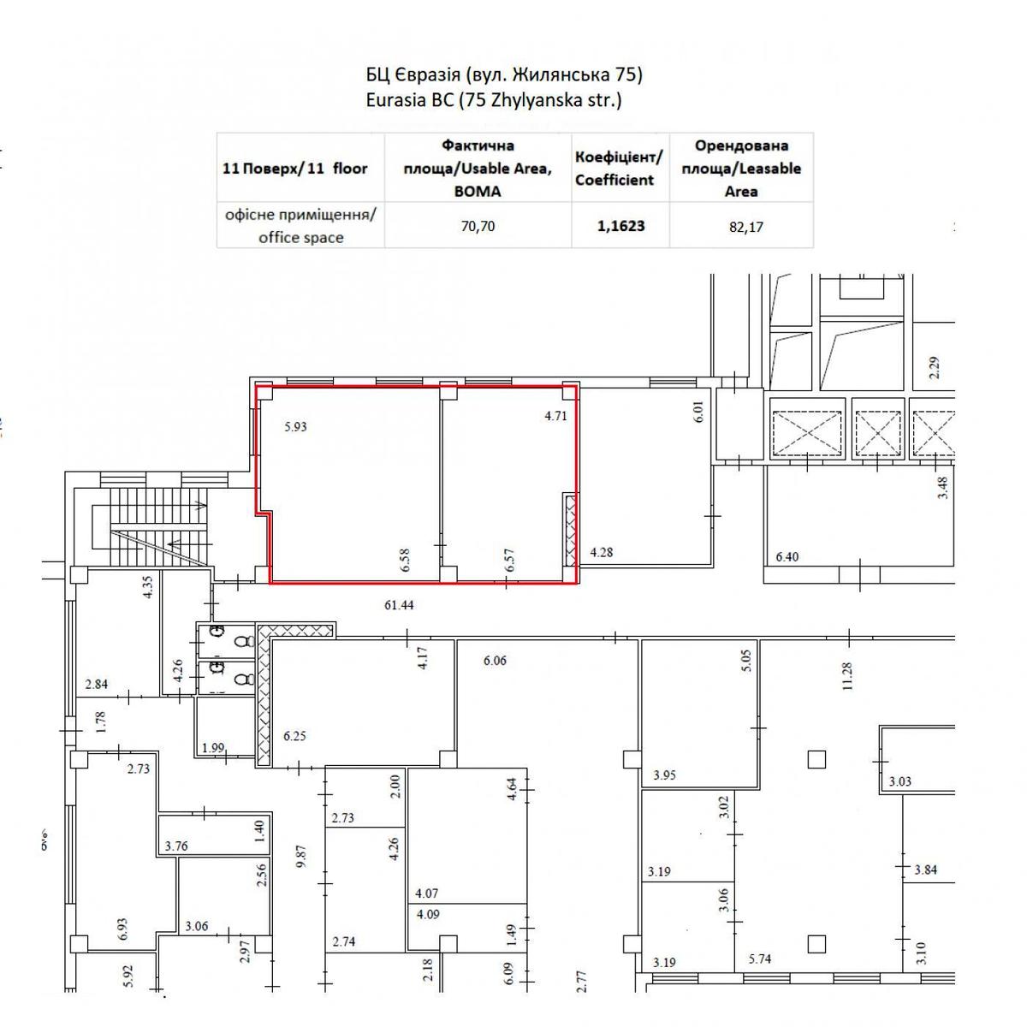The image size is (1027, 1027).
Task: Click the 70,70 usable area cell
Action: pyautogui.click(x=477, y=226)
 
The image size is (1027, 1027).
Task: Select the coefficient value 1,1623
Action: pyautogui.click(x=620, y=225)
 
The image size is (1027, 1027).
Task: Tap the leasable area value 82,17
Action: pyautogui.click(x=745, y=227)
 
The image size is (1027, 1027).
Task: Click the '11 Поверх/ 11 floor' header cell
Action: pyautogui.click(x=294, y=169)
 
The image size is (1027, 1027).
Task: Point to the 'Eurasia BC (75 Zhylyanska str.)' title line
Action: pyautogui.click(x=494, y=100)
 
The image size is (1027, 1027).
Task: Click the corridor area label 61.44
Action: pyautogui.click(x=399, y=604)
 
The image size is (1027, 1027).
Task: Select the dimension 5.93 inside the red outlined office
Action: pyautogui.click(x=295, y=426)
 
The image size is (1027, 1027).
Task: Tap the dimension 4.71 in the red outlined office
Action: pyautogui.click(x=555, y=416)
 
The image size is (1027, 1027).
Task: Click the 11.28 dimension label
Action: pyautogui.click(x=847, y=676)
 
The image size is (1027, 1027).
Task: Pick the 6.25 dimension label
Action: pyautogui.click(x=294, y=735)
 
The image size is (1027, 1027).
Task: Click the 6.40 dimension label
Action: pyautogui.click(x=787, y=556)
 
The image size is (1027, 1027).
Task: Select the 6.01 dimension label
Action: pyautogui.click(x=698, y=412)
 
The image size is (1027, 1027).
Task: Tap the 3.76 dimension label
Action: pyautogui.click(x=176, y=846)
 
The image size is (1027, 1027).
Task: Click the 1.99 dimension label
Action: pyautogui.click(x=213, y=747)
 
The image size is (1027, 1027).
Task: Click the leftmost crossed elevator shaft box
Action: pyautogui.click(x=807, y=433)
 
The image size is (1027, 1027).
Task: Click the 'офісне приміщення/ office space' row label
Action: pyautogui.click(x=300, y=226)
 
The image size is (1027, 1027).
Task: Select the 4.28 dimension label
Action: pyautogui.click(x=601, y=552)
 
